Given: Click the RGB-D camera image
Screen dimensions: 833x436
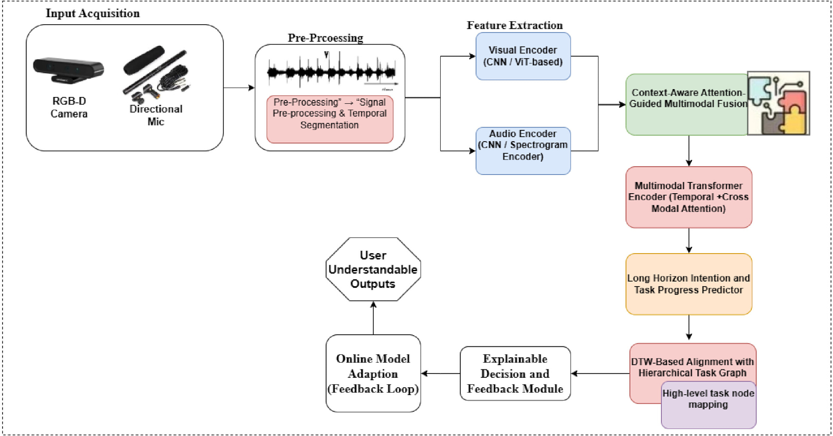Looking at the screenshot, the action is pos(68,70).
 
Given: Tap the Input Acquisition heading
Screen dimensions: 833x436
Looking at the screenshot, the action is pos(92,13).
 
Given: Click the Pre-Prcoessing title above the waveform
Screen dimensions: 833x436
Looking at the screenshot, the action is pos(325,38).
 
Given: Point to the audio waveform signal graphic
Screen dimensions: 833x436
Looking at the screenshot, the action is pos(332,71).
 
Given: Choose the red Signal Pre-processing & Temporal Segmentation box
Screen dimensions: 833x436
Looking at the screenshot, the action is pos(329,120).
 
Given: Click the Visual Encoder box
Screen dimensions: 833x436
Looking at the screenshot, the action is pos(523,56).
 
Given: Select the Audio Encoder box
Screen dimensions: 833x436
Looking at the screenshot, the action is pos(523,151).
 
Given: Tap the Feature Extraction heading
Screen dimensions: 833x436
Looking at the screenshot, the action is pos(514,25).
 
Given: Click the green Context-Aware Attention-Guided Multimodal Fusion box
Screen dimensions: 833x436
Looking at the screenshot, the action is pos(687,105).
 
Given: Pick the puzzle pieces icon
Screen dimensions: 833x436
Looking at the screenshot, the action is pos(778,103).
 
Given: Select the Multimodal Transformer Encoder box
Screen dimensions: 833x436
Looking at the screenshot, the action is pos(689,197).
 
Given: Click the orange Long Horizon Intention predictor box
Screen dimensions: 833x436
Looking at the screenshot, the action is pos(689,284).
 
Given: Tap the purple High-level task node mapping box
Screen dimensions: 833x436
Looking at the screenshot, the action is pos(708,405).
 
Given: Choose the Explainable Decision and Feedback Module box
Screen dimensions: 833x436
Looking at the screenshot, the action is pos(515,374).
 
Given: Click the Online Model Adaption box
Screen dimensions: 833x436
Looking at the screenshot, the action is pos(373,374).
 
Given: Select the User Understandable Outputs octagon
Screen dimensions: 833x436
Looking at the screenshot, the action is pos(373,269).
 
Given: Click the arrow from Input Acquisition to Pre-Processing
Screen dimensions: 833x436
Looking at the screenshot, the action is pos(239,88).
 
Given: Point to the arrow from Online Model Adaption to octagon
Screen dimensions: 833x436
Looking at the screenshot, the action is pos(373,318).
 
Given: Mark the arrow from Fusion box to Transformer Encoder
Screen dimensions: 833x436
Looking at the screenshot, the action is pos(689,151).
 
